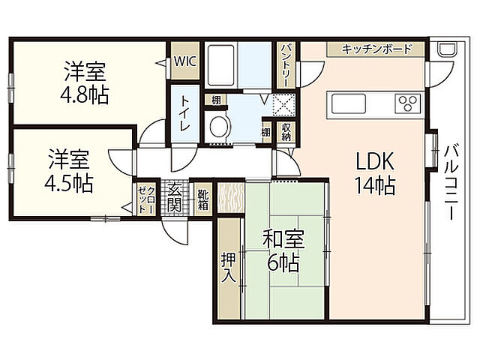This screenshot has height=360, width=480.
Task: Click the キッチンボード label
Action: tap(376, 49)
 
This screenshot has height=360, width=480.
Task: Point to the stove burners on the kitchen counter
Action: tap(409, 103)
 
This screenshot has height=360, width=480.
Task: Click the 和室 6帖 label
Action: tap(283, 252)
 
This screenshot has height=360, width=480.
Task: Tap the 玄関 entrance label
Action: tap(175, 197)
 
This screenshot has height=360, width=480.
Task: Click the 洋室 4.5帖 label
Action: tap(69, 171)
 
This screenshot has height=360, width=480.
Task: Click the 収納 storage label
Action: tap(286, 132)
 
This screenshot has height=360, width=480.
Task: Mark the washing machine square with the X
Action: tap(284, 103)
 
